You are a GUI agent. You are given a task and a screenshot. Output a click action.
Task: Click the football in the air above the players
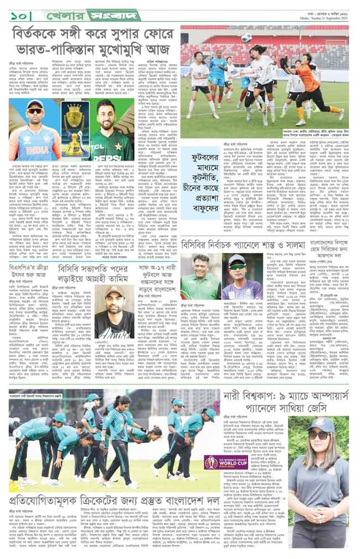(245, 38)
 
